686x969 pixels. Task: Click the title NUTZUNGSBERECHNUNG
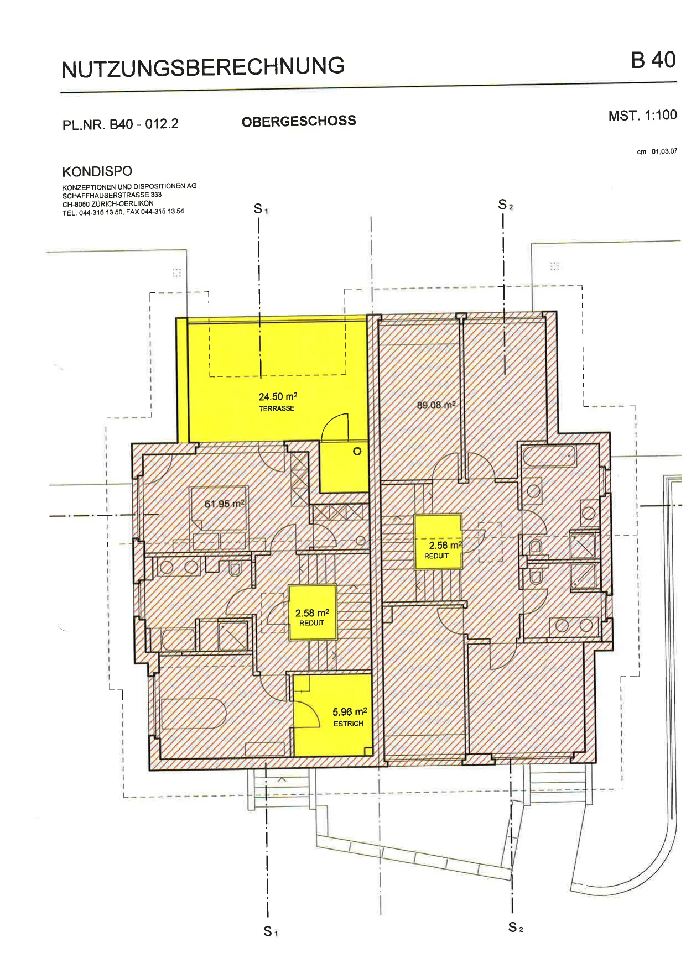click(203, 67)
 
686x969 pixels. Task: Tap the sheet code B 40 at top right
click(653, 60)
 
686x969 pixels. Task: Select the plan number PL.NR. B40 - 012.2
click(121, 124)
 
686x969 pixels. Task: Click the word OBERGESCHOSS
click(299, 121)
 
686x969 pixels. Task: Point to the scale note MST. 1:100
click(642, 115)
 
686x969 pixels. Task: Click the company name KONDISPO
click(97, 171)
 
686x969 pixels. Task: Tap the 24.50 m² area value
click(278, 396)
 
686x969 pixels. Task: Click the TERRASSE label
click(277, 408)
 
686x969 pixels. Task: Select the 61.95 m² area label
click(224, 504)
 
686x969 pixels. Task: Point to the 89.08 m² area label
click(436, 405)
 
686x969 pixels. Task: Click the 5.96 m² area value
click(350, 712)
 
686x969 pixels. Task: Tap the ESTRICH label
click(349, 724)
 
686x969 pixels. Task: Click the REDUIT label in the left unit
click(311, 623)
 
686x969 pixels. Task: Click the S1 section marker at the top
click(261, 209)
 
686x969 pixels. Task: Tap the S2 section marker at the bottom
click(515, 927)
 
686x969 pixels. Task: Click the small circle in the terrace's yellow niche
click(357, 452)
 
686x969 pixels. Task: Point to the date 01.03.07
click(664, 151)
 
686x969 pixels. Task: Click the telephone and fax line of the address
click(123, 212)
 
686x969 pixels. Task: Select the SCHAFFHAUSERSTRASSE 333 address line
click(112, 195)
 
